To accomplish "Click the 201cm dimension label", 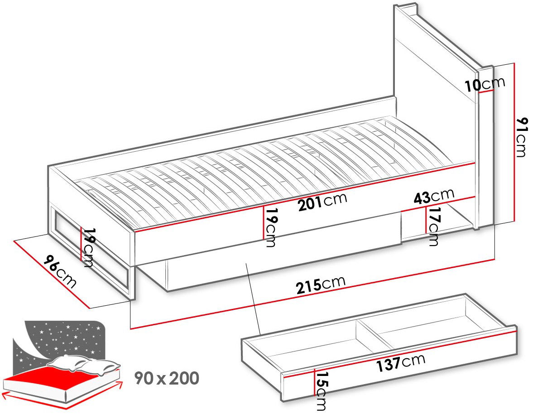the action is (322, 202).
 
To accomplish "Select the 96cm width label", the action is (60, 272).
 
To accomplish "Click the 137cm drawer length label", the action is (400, 362).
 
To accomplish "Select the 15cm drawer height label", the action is (321, 391).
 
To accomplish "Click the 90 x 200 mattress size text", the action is (167, 378).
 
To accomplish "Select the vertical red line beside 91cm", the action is (515, 142).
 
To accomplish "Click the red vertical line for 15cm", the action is (314, 382).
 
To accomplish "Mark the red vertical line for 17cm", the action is (426, 220).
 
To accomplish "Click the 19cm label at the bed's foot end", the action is (88, 247).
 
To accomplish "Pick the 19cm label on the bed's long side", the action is (271, 227).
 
